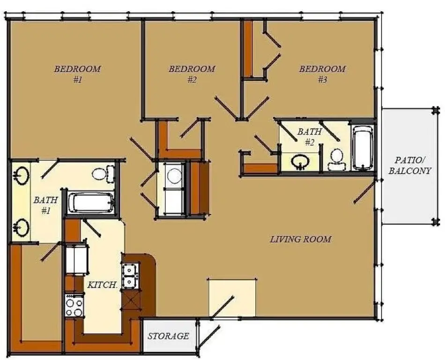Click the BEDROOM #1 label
(x=77, y=74)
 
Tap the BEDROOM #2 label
(x=192, y=74)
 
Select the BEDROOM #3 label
(x=322, y=74)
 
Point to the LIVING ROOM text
(x=300, y=240)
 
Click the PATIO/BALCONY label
(x=410, y=165)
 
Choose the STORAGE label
(x=168, y=336)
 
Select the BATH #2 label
(x=310, y=137)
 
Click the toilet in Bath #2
(x=336, y=159)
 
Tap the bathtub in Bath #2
(x=362, y=148)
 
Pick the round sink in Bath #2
(x=300, y=162)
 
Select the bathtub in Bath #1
(x=91, y=203)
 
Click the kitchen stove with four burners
(x=74, y=306)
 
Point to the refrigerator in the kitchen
(x=76, y=258)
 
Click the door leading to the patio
(x=364, y=193)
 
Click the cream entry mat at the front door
(x=232, y=298)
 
